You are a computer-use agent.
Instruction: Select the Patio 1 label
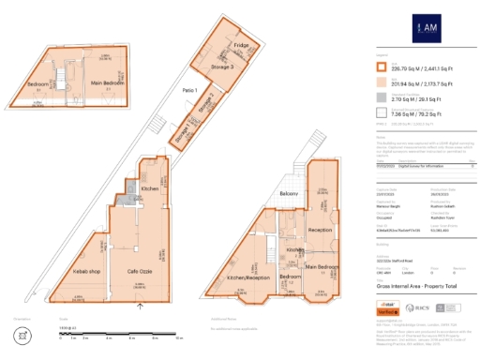[188, 90]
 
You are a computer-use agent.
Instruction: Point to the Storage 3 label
[221, 67]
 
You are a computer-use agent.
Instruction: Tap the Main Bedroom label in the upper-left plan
[109, 83]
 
